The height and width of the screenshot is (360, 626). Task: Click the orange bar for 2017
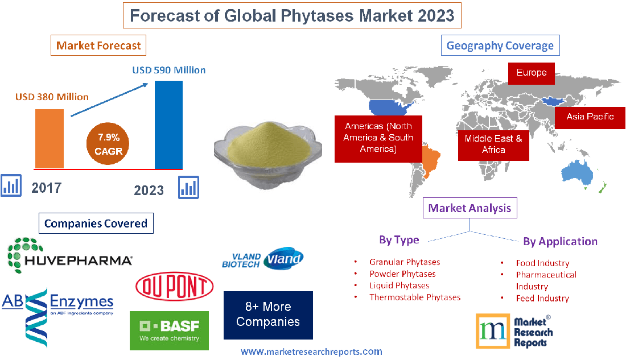pyautogui.click(x=50, y=138)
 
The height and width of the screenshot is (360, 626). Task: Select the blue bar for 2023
pyautogui.click(x=169, y=125)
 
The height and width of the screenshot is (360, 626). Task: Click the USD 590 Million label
pyautogui.click(x=169, y=71)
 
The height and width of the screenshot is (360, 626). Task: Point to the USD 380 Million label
pyautogui.click(x=52, y=97)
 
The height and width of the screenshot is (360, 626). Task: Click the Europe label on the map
pyautogui.click(x=532, y=73)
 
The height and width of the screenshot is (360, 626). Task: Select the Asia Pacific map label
pyautogui.click(x=590, y=117)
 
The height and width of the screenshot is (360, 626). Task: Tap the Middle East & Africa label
pyautogui.click(x=493, y=144)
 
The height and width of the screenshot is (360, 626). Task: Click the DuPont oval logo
pyautogui.click(x=175, y=287)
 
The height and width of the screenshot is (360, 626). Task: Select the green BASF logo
pyautogui.click(x=169, y=330)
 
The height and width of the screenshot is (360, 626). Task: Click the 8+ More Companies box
pyautogui.click(x=268, y=315)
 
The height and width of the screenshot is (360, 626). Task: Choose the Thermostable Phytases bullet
pyautogui.click(x=414, y=297)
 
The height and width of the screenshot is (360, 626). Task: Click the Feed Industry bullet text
pyautogui.click(x=542, y=298)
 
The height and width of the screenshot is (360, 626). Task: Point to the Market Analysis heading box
pyautogui.click(x=470, y=208)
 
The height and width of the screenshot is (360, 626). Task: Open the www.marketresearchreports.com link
pyautogui.click(x=311, y=352)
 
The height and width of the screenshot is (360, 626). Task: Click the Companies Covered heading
pyautogui.click(x=96, y=224)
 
